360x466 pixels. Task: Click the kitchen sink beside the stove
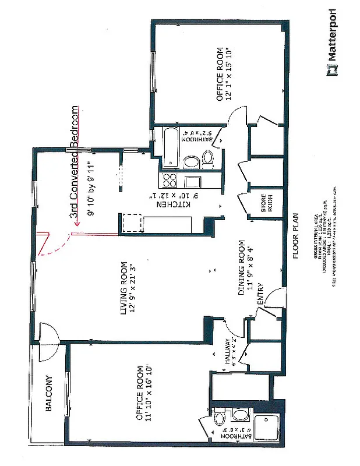click(x=192, y=181)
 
